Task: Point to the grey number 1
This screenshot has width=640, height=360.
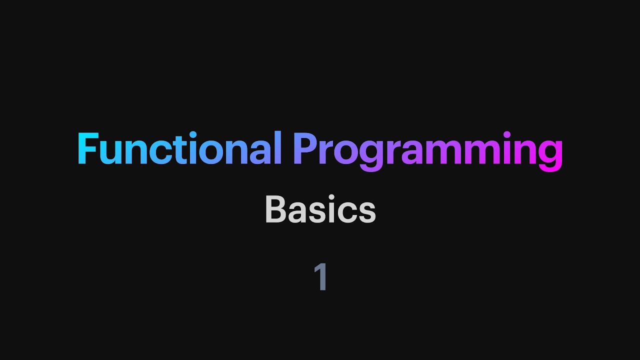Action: click(320, 276)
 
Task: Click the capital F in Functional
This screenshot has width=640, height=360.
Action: click(87, 149)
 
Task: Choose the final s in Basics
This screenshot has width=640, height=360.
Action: click(367, 212)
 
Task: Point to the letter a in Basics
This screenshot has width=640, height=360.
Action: click(298, 212)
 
